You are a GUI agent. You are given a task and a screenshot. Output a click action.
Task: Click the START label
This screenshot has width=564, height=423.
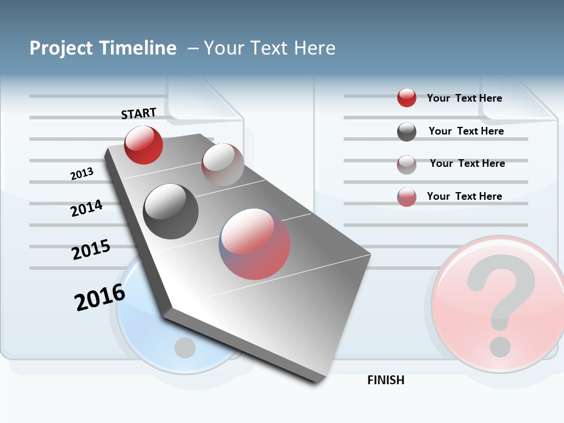[139, 113]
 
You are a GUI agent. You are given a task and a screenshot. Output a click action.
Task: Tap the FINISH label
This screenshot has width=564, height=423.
[386, 380]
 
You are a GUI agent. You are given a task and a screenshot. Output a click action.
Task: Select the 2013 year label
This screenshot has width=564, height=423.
[82, 174]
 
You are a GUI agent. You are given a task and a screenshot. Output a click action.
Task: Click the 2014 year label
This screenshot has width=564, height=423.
[87, 208]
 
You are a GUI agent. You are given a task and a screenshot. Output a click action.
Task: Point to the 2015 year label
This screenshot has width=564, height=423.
[91, 250]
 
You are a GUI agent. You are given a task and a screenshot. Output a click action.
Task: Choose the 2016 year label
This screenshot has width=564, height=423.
[100, 297]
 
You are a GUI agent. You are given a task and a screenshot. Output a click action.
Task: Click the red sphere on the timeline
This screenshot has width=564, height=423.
[143, 145]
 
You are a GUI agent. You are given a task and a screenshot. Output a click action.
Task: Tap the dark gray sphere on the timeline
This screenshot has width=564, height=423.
[171, 211]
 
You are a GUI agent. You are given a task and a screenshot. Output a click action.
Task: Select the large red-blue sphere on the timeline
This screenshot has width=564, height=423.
[254, 244]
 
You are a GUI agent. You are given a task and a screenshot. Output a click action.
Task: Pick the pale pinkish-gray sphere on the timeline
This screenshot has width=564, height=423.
[223, 164]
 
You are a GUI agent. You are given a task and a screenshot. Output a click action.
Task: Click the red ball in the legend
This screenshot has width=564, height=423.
[407, 98]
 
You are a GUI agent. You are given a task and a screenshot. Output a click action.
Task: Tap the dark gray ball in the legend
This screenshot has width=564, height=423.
[407, 132]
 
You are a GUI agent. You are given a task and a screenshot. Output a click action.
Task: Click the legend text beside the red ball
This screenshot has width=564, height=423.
[464, 98]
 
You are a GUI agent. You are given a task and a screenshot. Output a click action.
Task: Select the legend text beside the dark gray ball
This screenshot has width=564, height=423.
[466, 131]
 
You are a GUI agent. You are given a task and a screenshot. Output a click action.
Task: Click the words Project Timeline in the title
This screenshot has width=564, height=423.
[103, 48]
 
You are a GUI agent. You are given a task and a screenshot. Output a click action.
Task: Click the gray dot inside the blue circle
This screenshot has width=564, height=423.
[185, 348]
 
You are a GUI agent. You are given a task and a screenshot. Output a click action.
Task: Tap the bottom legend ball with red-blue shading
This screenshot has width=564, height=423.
[407, 197]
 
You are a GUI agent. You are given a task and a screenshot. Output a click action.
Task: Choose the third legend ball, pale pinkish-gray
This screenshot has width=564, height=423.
[407, 164]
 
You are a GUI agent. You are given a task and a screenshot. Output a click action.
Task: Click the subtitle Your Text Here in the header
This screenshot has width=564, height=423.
[270, 48]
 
